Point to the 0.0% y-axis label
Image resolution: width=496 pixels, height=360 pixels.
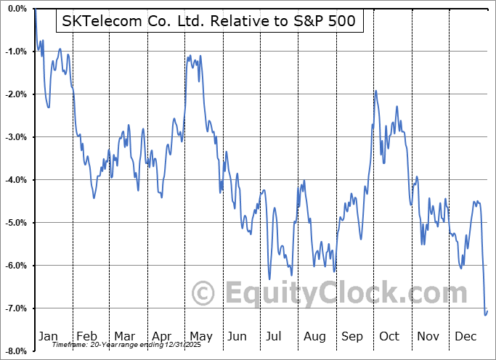point(17,9)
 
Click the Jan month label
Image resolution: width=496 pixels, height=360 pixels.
point(48,336)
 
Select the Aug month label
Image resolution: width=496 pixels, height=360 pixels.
point(314,336)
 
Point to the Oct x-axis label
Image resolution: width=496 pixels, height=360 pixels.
point(389,336)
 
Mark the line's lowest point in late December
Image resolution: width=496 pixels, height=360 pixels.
point(485,315)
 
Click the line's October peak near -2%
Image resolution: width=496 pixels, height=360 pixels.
point(375,91)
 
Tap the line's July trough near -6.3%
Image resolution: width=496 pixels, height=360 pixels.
point(269,279)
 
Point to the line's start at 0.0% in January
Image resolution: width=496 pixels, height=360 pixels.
point(35,9)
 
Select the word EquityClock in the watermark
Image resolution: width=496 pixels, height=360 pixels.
point(345,293)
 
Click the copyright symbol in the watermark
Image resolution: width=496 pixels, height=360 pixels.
point(204,293)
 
